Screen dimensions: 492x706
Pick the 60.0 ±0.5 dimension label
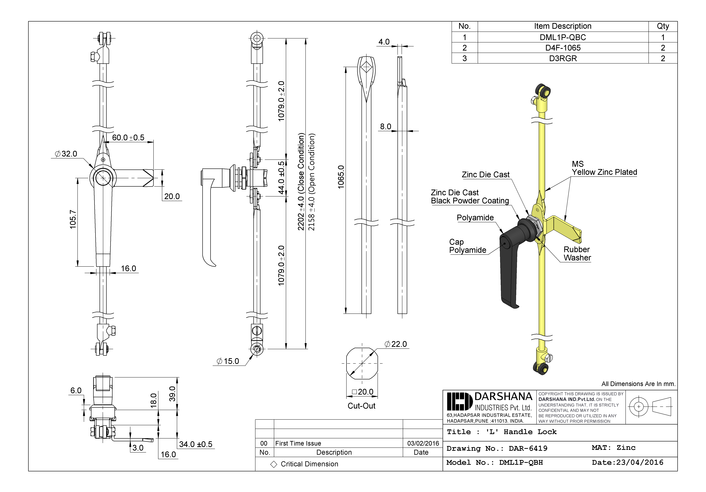point(128,138)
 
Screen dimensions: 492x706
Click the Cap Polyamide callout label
point(467,246)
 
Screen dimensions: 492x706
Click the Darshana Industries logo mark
point(459,401)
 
